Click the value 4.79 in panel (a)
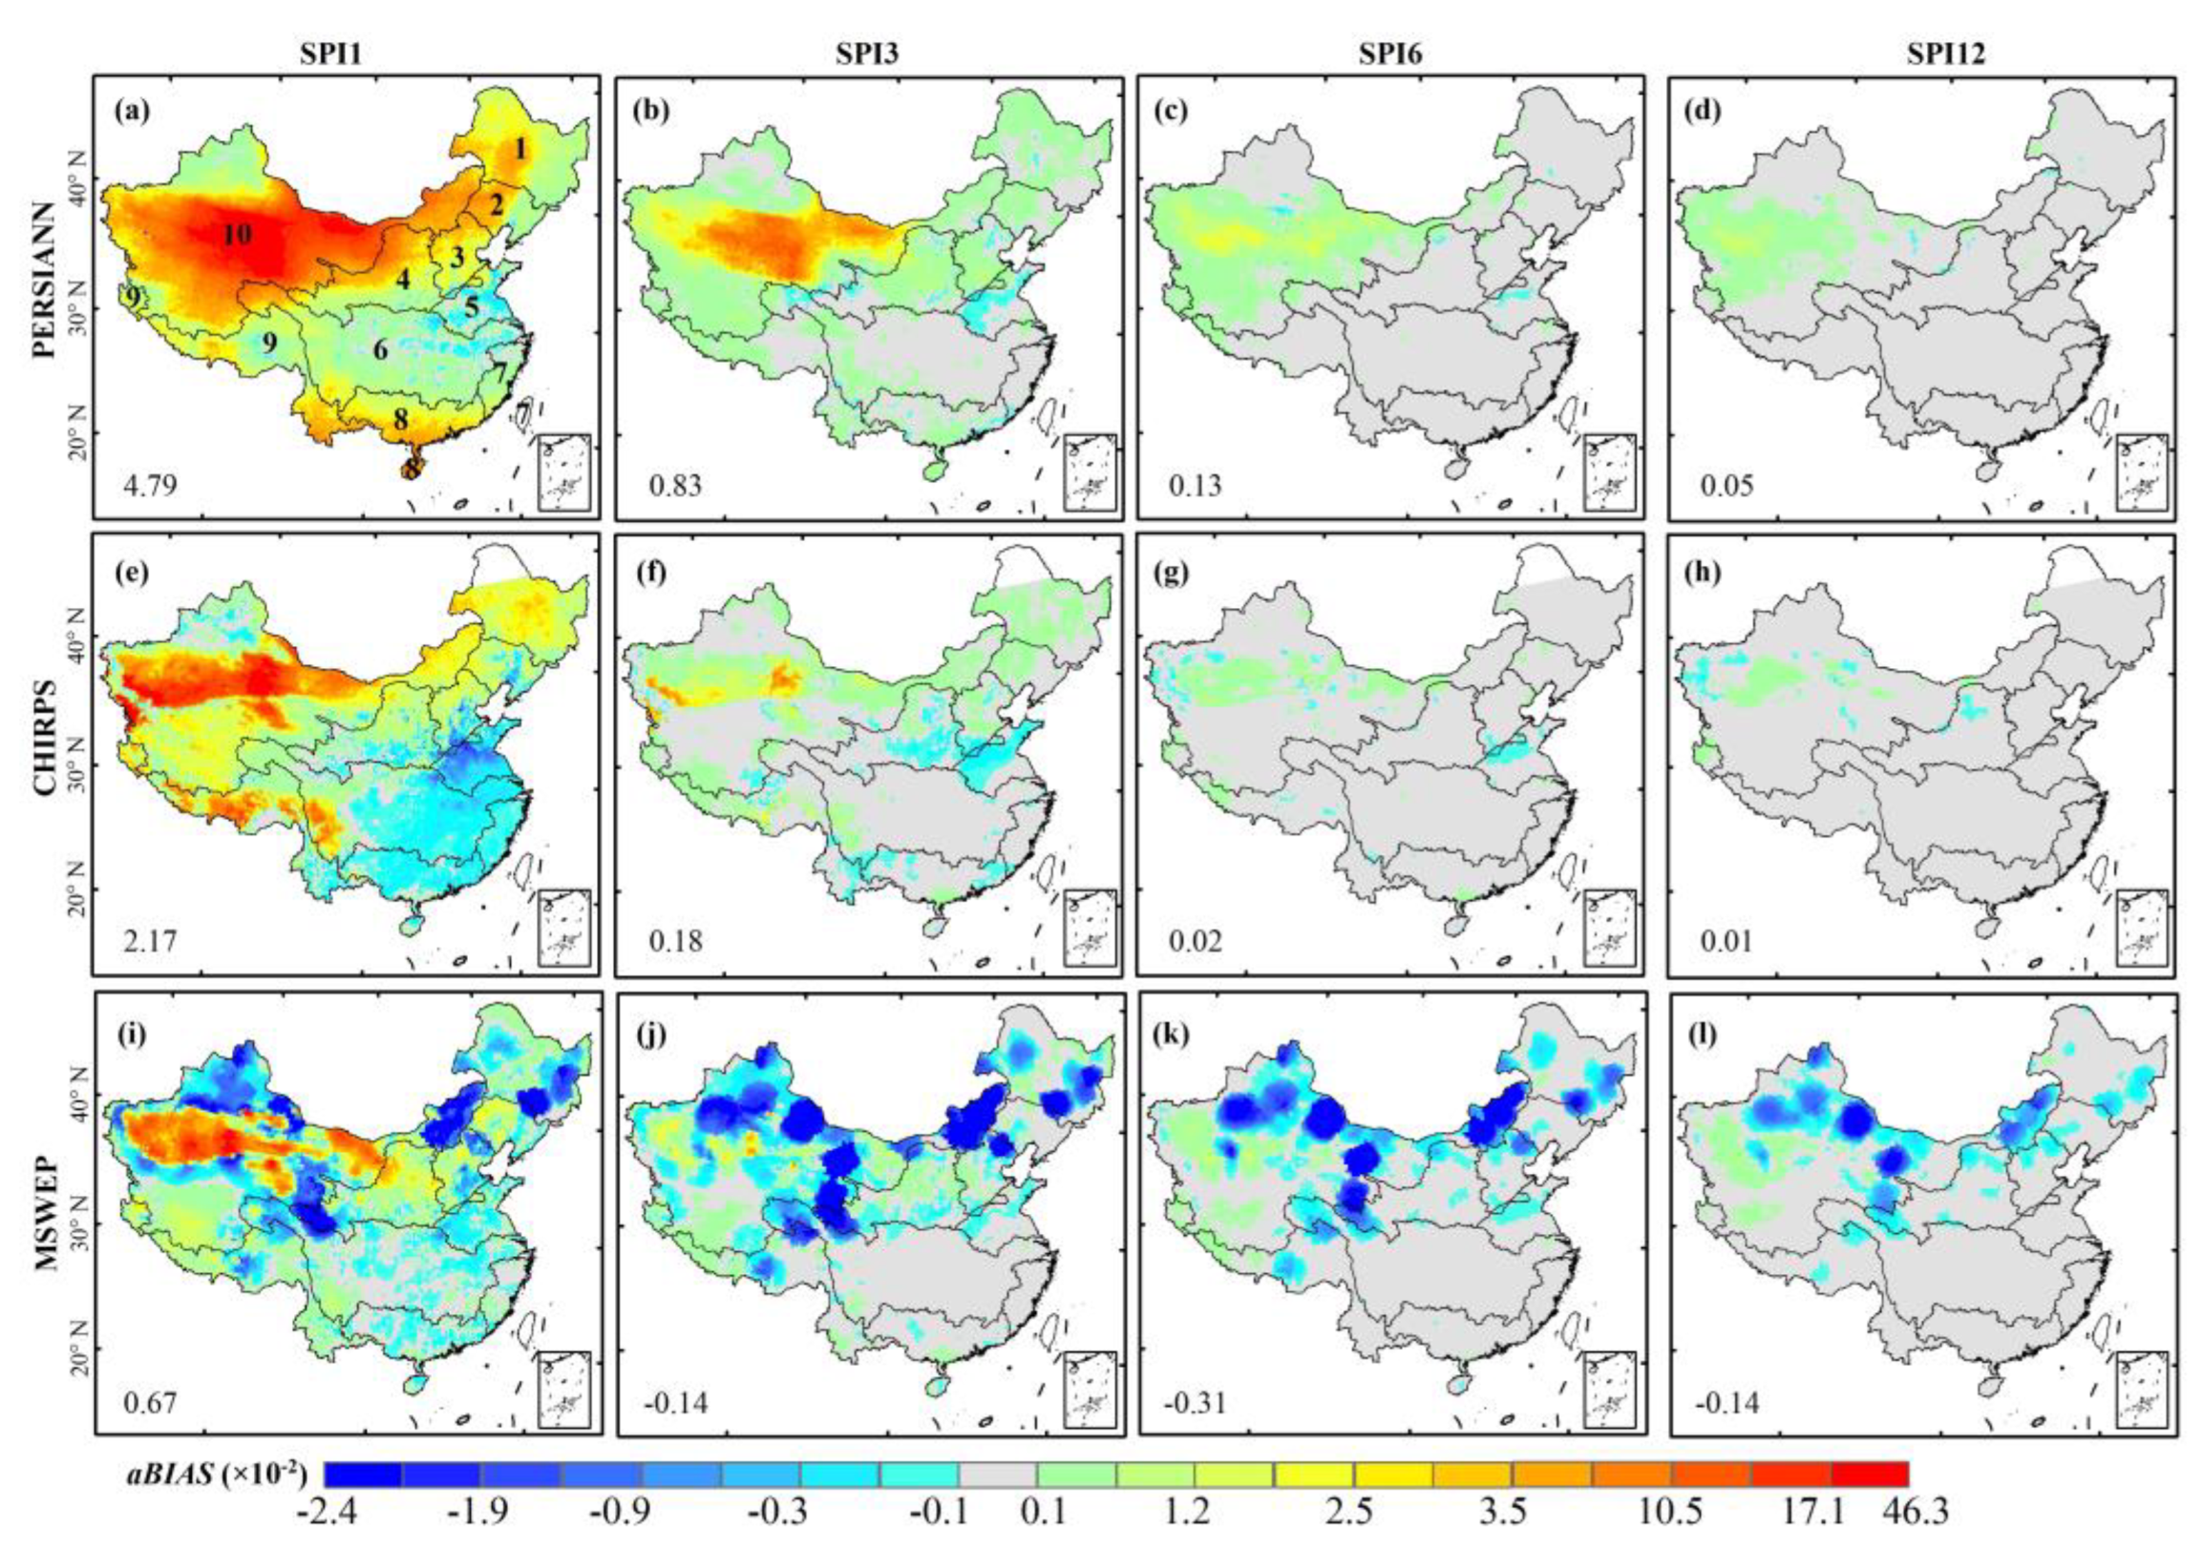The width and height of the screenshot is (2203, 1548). (152, 487)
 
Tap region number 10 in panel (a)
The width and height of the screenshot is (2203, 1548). (237, 233)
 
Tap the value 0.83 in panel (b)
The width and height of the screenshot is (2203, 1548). (675, 487)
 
